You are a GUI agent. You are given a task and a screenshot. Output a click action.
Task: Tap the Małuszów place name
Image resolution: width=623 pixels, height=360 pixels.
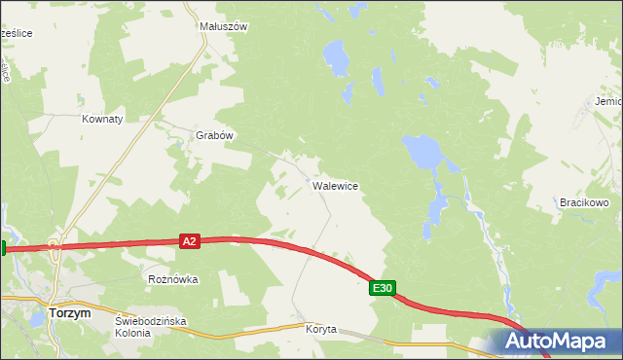pos(223,27)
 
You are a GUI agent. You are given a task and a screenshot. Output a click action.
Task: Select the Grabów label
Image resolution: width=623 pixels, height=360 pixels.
pos(215,136)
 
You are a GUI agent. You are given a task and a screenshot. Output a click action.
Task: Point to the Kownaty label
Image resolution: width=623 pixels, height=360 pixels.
pos(102,119)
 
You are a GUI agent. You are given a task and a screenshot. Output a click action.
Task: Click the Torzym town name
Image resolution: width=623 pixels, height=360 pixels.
pos(69,313)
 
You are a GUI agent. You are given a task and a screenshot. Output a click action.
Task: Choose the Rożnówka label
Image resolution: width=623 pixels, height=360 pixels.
pos(172,279)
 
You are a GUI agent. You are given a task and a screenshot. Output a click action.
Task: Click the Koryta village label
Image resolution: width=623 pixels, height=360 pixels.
pos(320,329)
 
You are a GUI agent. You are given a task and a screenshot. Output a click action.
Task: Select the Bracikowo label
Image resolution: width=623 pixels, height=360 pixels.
pos(584,202)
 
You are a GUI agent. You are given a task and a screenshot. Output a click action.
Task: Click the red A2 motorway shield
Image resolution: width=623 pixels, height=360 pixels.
pos(190,240)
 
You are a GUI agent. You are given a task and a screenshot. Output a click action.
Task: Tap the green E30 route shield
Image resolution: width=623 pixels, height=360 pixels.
pos(383,288)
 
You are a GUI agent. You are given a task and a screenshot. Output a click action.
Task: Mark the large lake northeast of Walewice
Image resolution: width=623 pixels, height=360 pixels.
pos(422,151)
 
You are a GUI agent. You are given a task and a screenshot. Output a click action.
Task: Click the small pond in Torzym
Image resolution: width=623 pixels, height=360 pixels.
pos(37,318)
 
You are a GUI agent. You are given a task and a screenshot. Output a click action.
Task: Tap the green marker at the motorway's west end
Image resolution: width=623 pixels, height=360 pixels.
pos(3,248)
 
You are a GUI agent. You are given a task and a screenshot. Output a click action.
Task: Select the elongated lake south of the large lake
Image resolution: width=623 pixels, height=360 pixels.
pos(434,214)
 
